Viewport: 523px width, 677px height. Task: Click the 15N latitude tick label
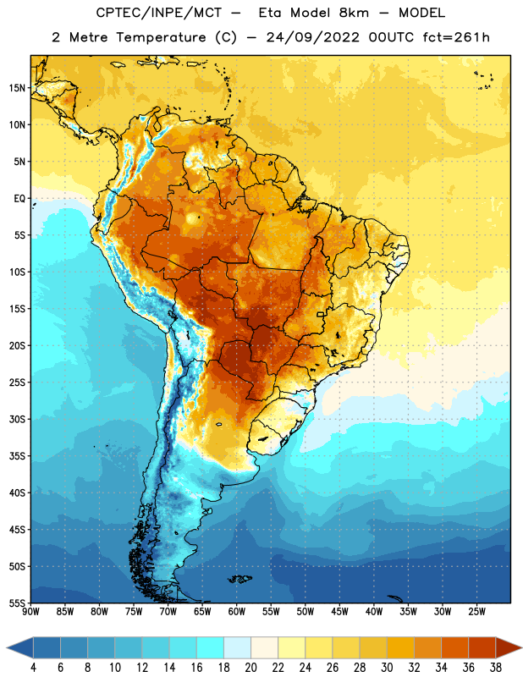pyautogui.click(x=17, y=88)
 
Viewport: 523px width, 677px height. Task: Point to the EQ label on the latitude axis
pyautogui.click(x=19, y=199)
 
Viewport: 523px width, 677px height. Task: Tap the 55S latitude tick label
pyautogui.click(x=17, y=603)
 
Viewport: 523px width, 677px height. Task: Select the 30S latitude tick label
pyautogui.click(x=17, y=419)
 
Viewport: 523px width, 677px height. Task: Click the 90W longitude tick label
pyautogui.click(x=30, y=611)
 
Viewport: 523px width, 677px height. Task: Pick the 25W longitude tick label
pyautogui.click(x=476, y=611)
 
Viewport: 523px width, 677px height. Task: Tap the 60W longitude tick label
pyautogui.click(x=237, y=611)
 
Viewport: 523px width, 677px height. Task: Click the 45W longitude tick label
pyautogui.click(x=339, y=611)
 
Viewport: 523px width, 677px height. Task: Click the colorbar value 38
pyautogui.click(x=496, y=668)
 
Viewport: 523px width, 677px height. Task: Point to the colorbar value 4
pyautogui.click(x=33, y=668)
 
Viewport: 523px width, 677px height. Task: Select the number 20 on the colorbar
pyautogui.click(x=250, y=668)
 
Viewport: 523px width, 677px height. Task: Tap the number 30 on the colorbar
pyautogui.click(x=387, y=668)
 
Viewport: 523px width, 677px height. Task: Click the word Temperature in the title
pyautogui.click(x=161, y=37)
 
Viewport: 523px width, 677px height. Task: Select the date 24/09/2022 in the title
pyautogui.click(x=312, y=37)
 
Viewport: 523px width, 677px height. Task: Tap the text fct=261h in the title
pyautogui.click(x=456, y=37)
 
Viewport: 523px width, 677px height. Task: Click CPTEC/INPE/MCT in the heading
pyautogui.click(x=159, y=13)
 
